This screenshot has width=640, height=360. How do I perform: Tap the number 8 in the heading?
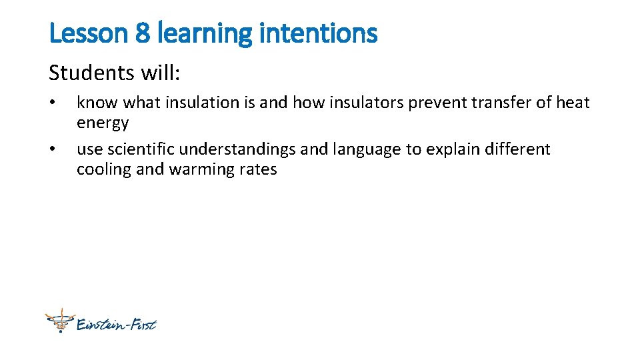point(143,33)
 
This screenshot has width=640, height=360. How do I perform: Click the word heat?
point(572,103)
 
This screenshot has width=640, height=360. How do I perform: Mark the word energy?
point(103,123)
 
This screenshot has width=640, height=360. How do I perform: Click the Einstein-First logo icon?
point(58,321)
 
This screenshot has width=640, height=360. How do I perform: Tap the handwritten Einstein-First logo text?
point(116,325)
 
